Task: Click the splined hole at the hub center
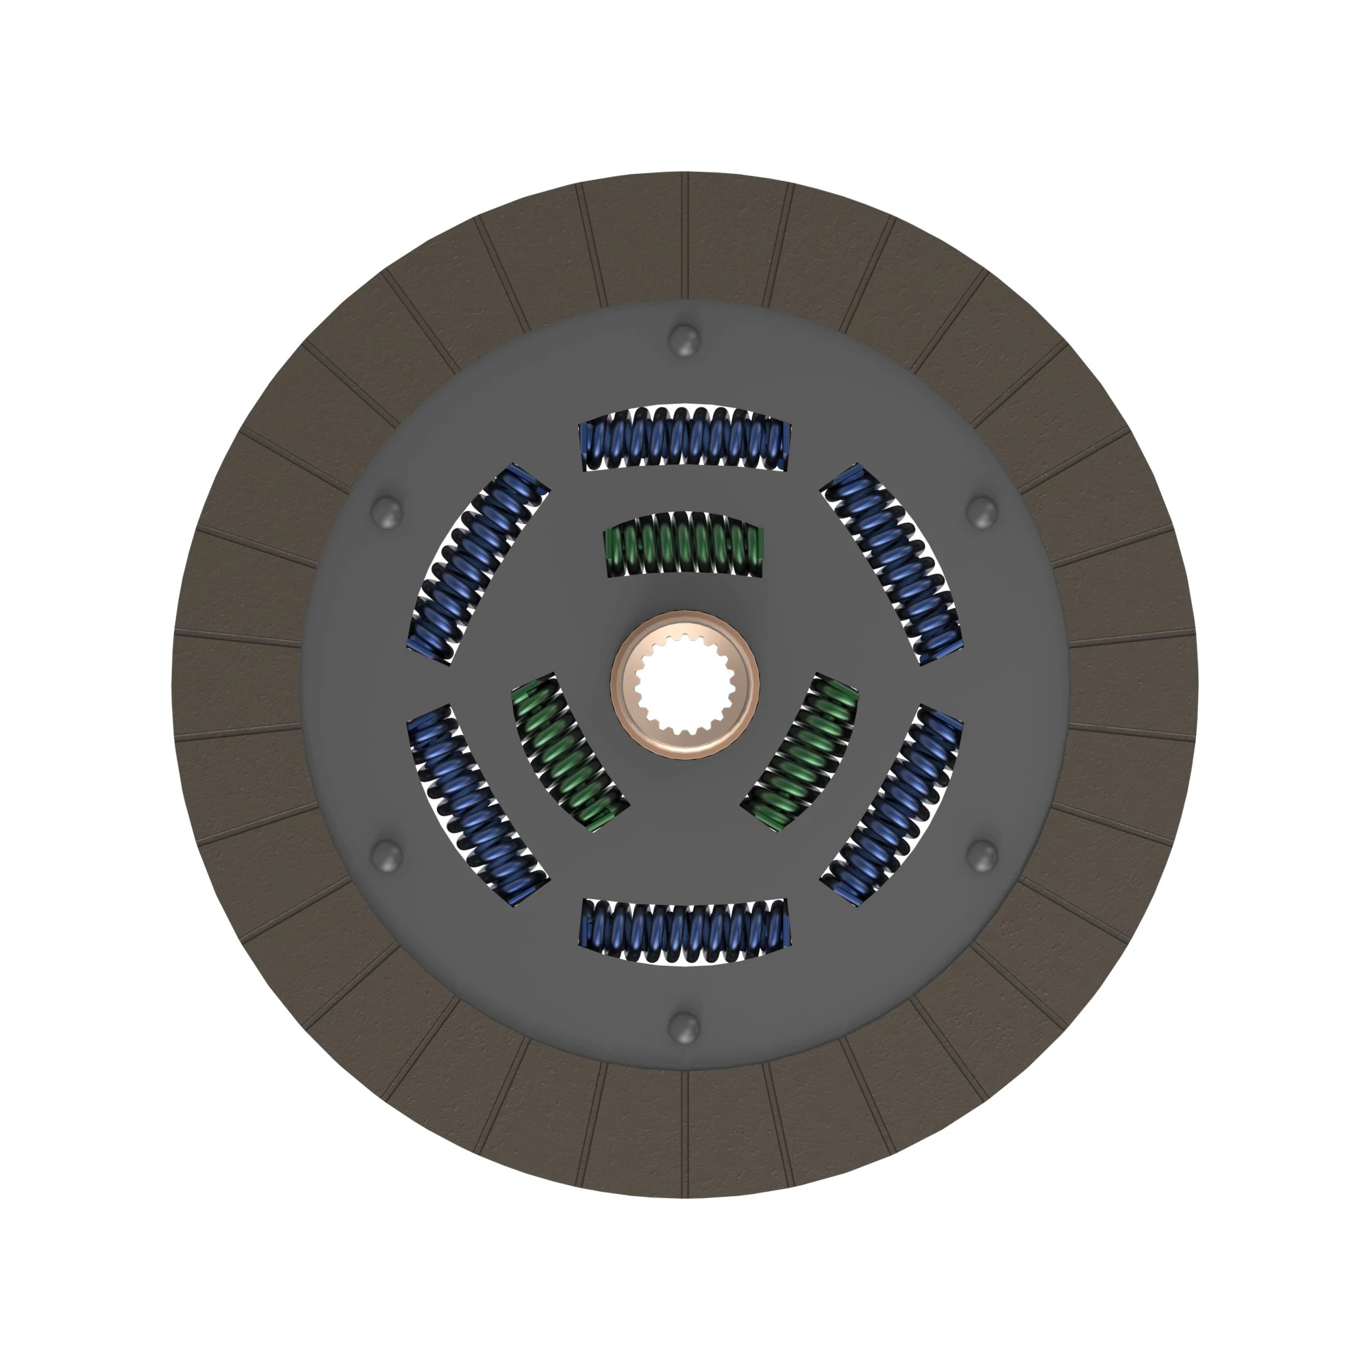(x=684, y=684)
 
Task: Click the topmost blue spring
(x=684, y=438)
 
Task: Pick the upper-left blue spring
(x=477, y=564)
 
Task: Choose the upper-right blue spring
(x=893, y=564)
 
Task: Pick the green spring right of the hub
(x=801, y=751)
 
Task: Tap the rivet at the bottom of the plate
(x=684, y=1026)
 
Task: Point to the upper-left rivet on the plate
(x=387, y=511)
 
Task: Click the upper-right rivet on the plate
(x=983, y=511)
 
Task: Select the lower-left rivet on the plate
(x=387, y=854)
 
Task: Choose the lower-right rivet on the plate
(x=983, y=854)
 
